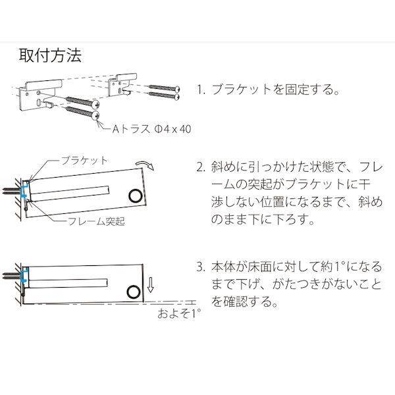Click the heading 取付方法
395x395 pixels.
coord(51,55)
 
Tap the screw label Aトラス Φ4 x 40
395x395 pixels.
coord(151,129)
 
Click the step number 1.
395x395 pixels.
coord(201,90)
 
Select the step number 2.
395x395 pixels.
coord(201,167)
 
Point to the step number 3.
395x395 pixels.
coord(201,267)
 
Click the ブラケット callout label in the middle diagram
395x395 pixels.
coord(84,161)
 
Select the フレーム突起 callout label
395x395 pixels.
coord(97,221)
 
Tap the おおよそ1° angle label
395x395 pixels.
coord(179,313)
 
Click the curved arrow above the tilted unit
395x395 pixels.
coord(145,164)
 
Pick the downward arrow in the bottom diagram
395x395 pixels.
coord(150,284)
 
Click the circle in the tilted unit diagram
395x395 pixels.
coord(136,196)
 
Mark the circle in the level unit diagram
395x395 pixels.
coord(134,292)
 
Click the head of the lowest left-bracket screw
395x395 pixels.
coord(95,116)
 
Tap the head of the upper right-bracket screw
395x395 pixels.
coord(177,89)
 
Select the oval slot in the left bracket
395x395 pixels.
coord(39,103)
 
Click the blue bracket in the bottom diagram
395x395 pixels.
coord(25,275)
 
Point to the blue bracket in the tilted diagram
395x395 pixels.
coord(25,190)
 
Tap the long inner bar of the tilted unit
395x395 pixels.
coord(70,194)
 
